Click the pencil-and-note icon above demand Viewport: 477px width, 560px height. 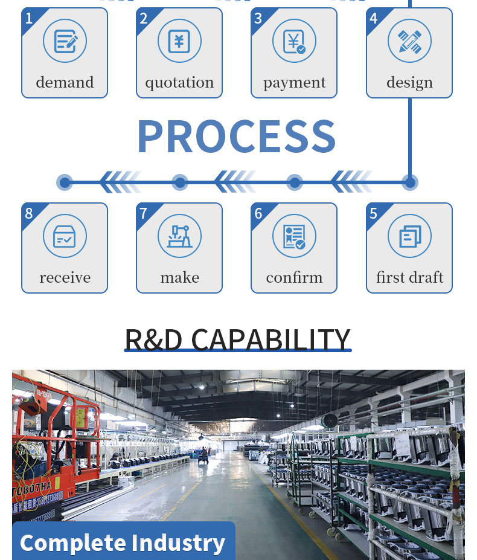coord(65,41)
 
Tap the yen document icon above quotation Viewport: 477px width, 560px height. coord(179,41)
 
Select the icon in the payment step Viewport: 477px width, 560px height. coord(294,41)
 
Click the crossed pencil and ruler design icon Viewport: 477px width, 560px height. coord(409,41)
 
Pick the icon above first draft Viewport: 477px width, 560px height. coord(409,236)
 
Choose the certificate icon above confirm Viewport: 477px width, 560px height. coord(294,236)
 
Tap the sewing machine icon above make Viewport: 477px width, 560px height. coord(179,236)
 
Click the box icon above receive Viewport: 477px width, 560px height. coord(65,236)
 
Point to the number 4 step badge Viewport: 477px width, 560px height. coord(374,18)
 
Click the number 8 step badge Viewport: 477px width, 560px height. coord(29,213)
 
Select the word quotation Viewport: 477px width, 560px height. coord(179,83)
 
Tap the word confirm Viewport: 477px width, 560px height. coord(294,278)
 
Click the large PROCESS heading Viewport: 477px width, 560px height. coord(236,137)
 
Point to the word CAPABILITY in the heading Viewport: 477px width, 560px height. coord(271,340)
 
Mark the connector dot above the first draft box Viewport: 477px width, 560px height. coord(409,182)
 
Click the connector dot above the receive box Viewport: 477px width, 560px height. coord(65,182)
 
